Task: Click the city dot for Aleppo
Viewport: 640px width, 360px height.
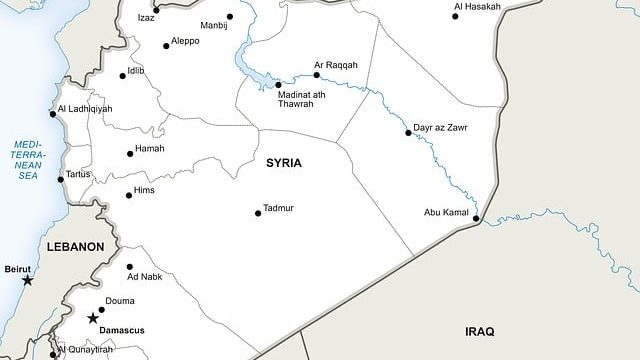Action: click(166, 44)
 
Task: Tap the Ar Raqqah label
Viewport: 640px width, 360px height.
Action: click(335, 65)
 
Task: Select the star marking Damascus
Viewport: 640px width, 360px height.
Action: click(93, 318)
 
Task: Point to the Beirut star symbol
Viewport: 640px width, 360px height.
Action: click(27, 281)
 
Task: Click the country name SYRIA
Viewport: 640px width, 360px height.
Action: click(284, 162)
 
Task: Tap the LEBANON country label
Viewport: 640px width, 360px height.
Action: click(75, 246)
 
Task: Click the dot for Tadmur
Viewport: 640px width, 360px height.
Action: click(258, 213)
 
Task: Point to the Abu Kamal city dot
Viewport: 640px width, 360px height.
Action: click(476, 219)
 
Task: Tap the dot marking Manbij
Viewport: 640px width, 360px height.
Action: click(230, 17)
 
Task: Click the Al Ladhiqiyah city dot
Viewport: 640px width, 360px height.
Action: click(53, 113)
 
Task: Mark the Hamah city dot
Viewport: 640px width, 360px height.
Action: click(129, 153)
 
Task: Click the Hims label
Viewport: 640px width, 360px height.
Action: click(146, 191)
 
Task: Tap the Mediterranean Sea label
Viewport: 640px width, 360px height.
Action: click(27, 159)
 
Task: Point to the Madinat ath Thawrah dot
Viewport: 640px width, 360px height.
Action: click(278, 85)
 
